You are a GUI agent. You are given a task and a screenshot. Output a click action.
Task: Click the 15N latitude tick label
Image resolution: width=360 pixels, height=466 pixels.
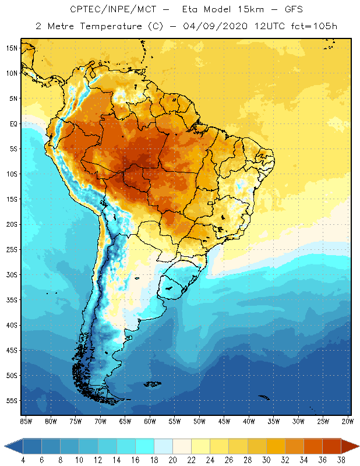[11, 48]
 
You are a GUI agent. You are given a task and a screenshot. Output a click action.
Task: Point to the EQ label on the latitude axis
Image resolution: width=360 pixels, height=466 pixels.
[12, 123]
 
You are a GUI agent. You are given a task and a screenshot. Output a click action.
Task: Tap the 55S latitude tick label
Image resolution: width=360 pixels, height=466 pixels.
[11, 401]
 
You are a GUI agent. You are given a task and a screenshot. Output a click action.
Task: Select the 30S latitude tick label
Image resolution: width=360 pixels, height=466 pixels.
[11, 274]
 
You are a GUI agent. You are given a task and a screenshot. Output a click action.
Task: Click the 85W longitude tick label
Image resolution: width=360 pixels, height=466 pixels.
[26, 421]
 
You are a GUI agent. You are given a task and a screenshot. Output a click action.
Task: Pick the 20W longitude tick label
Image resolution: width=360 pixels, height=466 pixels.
[347, 421]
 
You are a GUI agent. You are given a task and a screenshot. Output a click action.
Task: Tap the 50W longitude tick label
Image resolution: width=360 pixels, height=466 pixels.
[199, 421]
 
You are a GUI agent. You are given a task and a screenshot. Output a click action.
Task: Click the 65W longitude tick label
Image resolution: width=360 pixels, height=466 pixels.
[125, 421]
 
